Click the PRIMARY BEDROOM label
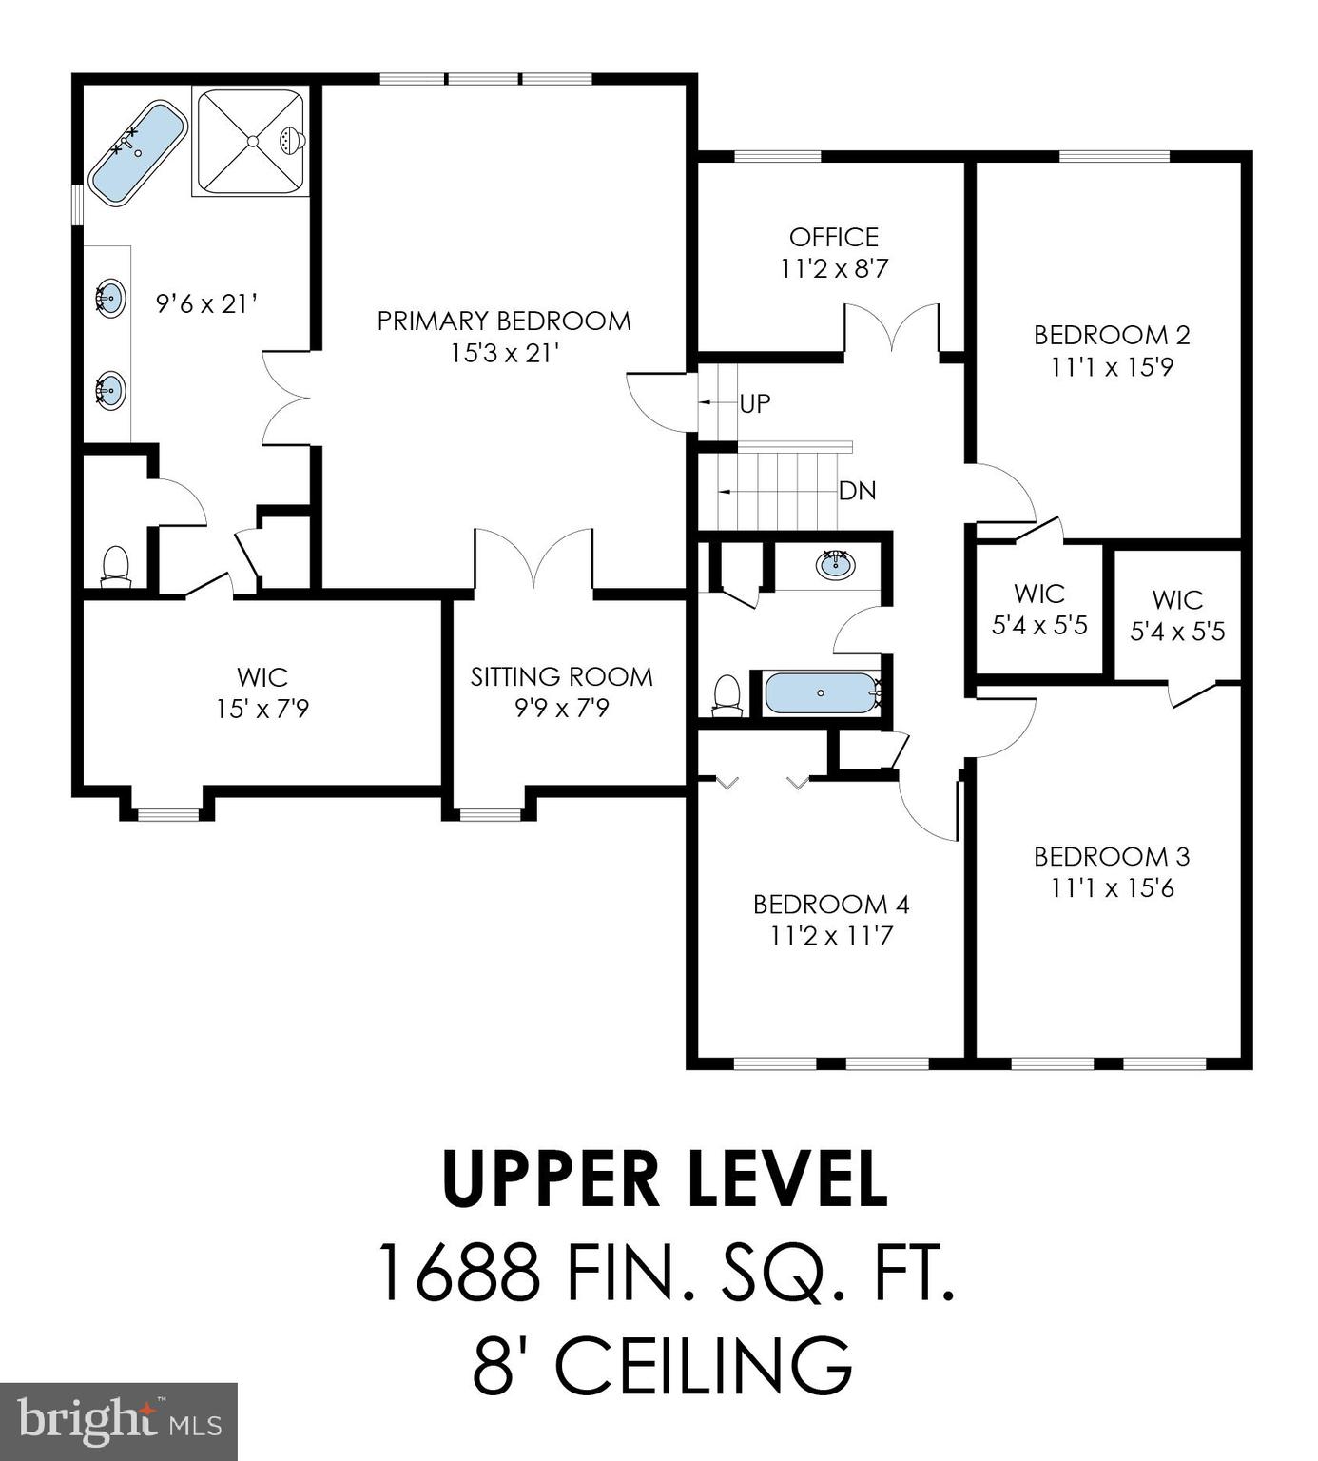[x=504, y=321]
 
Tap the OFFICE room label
[x=833, y=237]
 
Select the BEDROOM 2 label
[x=1112, y=335]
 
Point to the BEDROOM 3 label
[x=1112, y=856]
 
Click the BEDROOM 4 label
[x=831, y=904]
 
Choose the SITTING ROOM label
[x=561, y=676]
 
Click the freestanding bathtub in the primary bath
[x=138, y=152]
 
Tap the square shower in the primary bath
[x=251, y=141]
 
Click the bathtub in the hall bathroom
[x=822, y=693]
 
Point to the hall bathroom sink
[x=835, y=564]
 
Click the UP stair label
[x=755, y=403]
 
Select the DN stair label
[x=857, y=491]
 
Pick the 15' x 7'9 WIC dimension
[x=262, y=709]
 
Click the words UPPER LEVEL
[x=665, y=1179]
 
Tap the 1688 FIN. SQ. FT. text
[x=665, y=1272]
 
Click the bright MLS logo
[x=119, y=1421]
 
